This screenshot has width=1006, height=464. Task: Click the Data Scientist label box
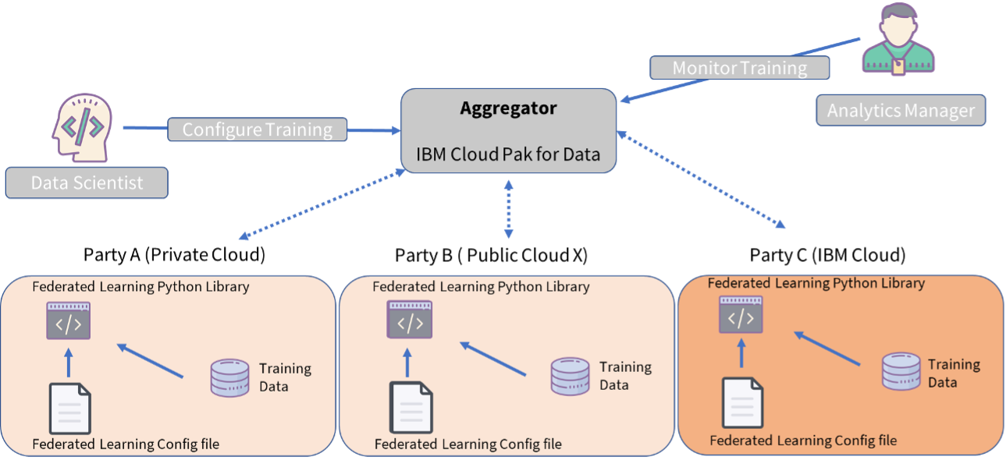(x=87, y=183)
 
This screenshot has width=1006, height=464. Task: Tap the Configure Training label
(x=257, y=129)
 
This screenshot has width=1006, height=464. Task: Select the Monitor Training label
(x=739, y=68)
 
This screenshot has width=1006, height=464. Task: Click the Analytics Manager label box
(x=901, y=111)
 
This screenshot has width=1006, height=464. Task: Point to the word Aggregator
(x=508, y=108)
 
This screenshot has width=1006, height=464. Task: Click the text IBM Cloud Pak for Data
(x=508, y=154)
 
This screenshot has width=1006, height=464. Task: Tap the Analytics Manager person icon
(x=898, y=39)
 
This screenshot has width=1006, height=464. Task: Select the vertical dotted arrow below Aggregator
(x=509, y=209)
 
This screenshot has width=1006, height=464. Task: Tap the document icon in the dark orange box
(x=742, y=402)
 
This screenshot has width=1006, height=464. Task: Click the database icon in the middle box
(x=570, y=376)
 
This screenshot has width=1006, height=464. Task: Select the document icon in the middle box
(x=411, y=407)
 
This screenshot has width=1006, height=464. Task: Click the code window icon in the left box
(x=69, y=321)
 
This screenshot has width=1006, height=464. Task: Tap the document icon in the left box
(x=70, y=408)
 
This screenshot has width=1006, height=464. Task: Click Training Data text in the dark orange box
(x=953, y=373)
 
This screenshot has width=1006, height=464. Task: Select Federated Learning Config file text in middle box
(x=467, y=445)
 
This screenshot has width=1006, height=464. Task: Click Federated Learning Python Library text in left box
(x=140, y=286)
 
